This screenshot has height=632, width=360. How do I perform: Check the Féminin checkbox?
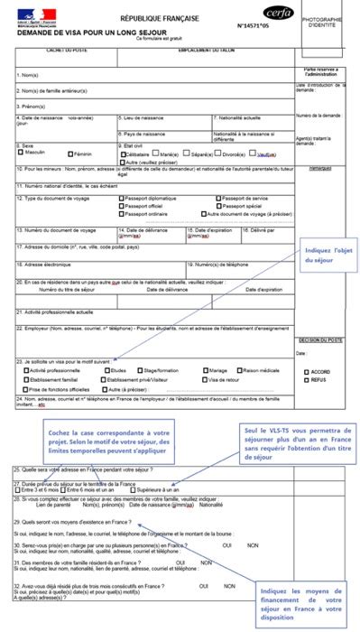[68, 153]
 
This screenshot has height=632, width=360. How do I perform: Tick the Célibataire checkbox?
[122, 153]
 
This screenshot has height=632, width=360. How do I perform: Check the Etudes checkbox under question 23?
[107, 370]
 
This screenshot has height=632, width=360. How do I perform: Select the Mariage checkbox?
[204, 370]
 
